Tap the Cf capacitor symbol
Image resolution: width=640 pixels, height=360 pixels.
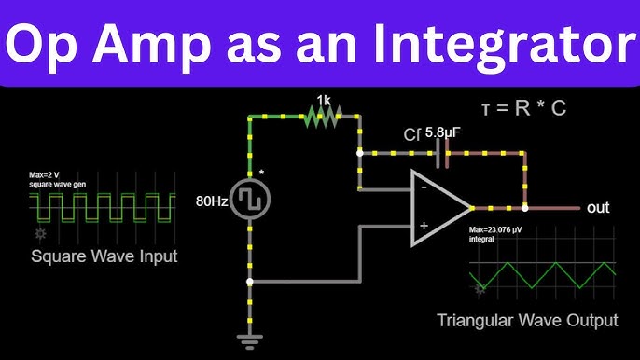coord(442,152)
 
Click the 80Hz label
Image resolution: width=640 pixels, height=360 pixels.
coord(212,200)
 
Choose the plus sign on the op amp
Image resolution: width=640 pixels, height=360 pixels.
coord(424,225)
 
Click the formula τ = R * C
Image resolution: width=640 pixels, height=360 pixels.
coord(523,108)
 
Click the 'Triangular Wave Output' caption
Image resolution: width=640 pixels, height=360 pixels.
coord(527,320)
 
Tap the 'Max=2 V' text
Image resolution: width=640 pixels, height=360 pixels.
coord(45,174)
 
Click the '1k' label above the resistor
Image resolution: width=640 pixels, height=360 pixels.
coord(323,99)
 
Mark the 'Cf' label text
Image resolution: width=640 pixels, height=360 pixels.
coord(412,134)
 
